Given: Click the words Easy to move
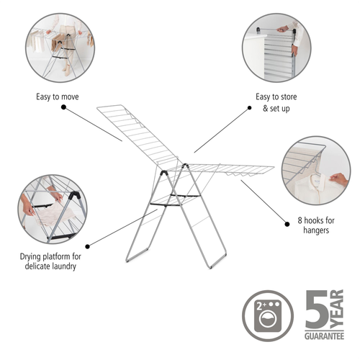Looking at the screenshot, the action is point(58,97).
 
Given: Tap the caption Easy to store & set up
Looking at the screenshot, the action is point(276,102).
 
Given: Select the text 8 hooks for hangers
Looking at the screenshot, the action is point(316,225).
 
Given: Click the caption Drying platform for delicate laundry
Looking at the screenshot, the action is point(50,261).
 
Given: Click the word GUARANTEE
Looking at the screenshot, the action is point(324,336).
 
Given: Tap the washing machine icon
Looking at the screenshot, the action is point(268,316).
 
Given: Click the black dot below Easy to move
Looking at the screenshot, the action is point(63,107).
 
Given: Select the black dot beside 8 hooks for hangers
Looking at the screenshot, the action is point(287,224).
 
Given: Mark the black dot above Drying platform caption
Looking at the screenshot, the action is point(88,246).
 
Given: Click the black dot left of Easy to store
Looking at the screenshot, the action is point(250,108).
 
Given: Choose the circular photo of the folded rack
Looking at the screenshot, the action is point(276,48).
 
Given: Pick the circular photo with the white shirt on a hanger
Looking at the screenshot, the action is point(316,171).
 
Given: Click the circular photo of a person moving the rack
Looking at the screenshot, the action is point(60,48).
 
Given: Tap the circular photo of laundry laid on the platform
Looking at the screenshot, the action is point(53,210).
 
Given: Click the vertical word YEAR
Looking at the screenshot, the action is point(337,309).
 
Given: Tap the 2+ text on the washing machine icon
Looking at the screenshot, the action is point(261,306).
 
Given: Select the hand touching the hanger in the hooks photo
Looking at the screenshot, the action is point(338,179).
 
